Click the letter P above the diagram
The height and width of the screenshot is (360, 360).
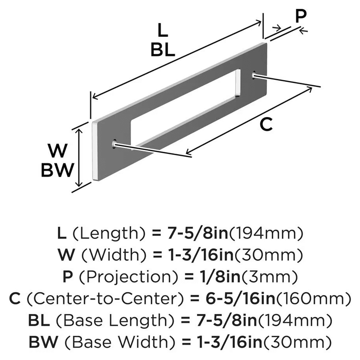tap(301, 16)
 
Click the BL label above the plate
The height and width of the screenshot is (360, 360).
tap(163, 50)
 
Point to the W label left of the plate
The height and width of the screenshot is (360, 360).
tap(58, 151)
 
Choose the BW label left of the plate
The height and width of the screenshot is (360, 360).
tap(58, 170)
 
